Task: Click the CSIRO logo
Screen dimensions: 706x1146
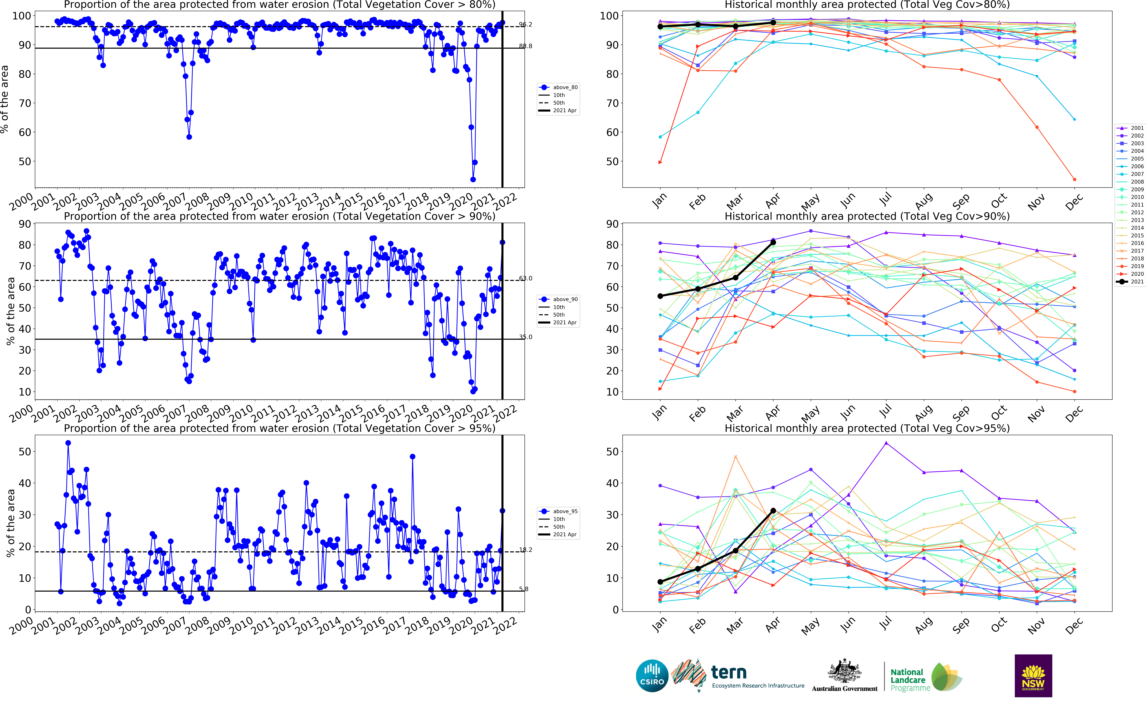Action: tap(652, 676)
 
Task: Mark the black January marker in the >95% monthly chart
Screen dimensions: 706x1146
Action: tap(660, 582)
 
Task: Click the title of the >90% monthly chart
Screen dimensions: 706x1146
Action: tap(867, 216)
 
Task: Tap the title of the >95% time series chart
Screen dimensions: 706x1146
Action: tap(279, 428)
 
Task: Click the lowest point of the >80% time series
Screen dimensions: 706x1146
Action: tap(473, 179)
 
